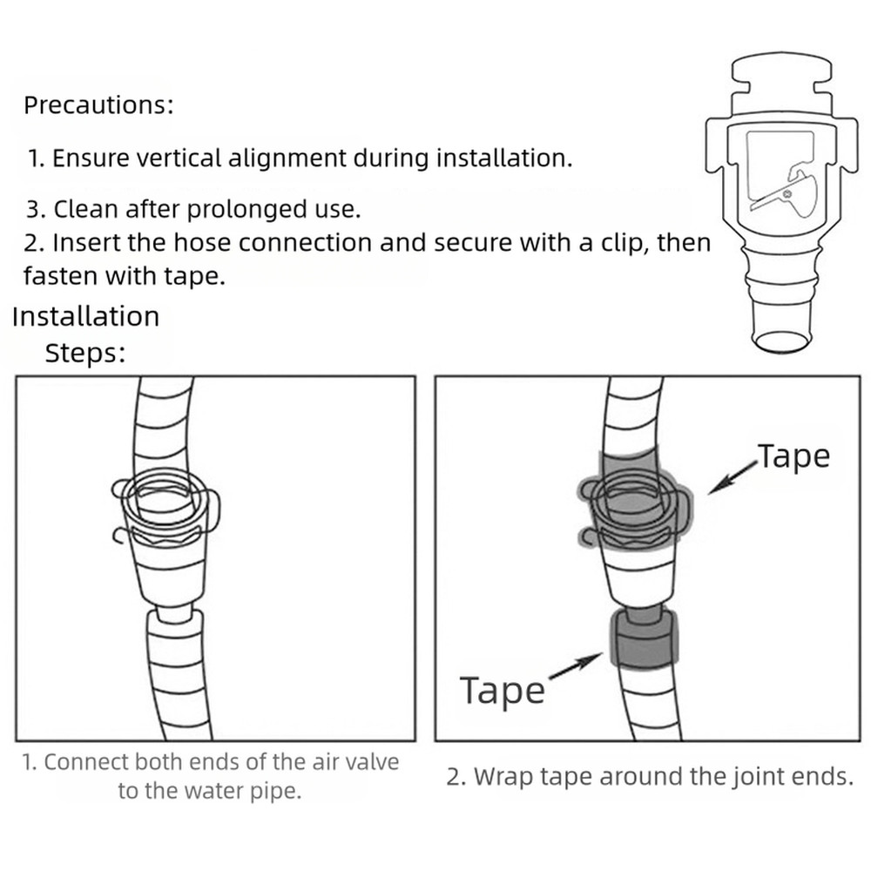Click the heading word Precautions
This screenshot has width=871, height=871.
tap(98, 106)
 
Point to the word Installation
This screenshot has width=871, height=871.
tap(85, 316)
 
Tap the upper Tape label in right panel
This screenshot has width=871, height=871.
tap(793, 456)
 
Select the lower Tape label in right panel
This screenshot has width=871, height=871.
tap(502, 691)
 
